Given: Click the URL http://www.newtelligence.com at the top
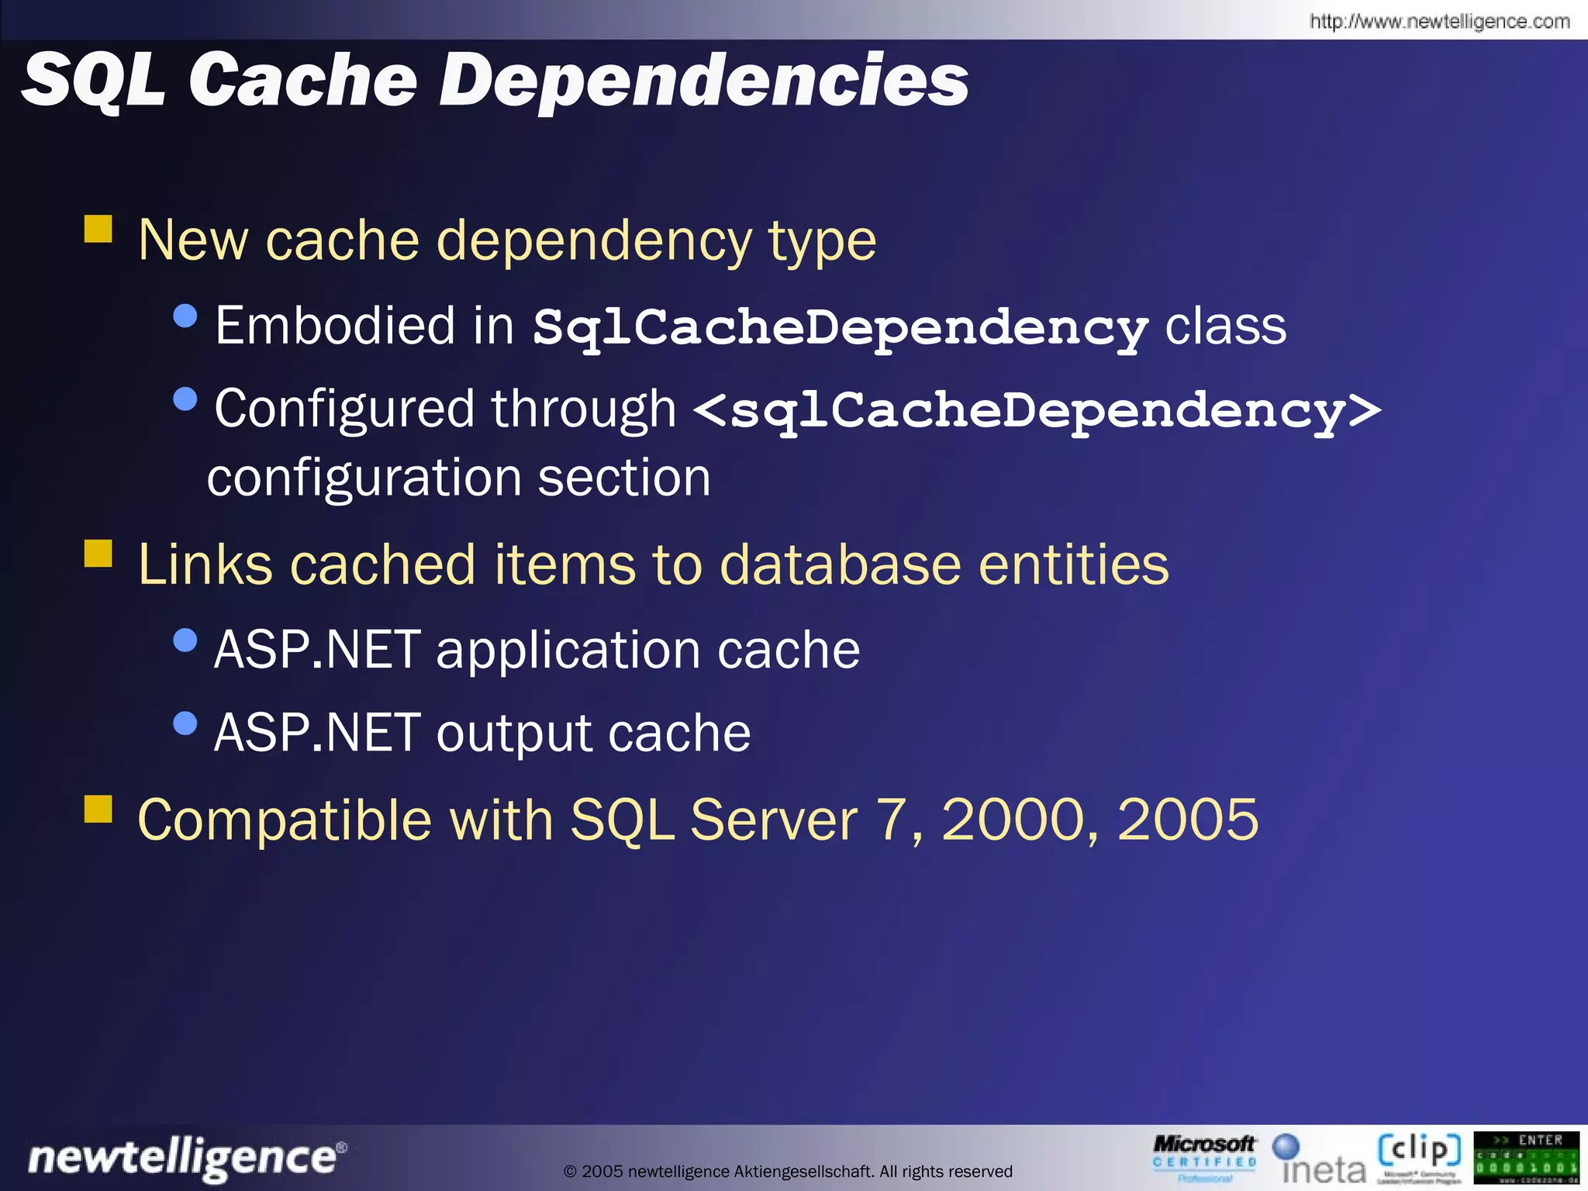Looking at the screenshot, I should pos(1439,21).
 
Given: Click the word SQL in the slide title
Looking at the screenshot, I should pos(93,79).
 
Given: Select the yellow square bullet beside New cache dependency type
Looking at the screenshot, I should pos(98,230).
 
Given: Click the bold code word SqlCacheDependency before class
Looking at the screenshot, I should pos(840,328).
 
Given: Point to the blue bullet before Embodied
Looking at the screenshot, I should pos(185,316).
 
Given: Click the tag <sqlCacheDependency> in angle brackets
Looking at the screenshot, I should pos(1036,410).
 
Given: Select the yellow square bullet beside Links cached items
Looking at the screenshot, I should pos(98,554).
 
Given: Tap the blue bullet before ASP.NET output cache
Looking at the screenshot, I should pos(185,723).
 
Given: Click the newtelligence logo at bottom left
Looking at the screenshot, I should pos(186,1158).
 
